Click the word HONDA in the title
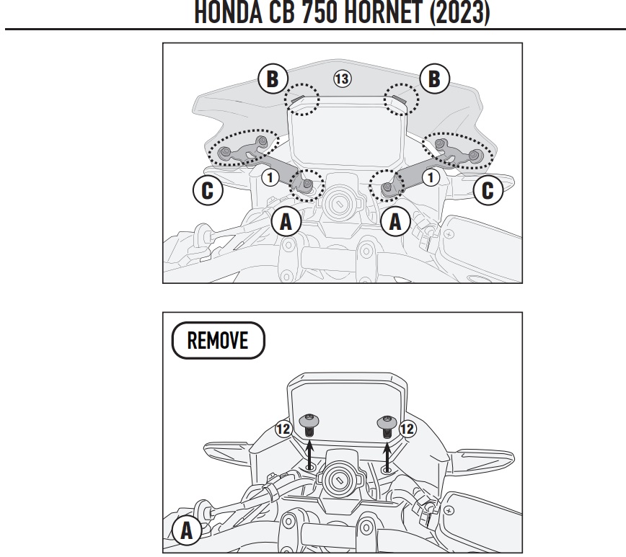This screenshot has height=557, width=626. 229,12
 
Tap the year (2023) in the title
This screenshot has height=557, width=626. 460,12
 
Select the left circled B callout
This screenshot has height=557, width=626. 273,79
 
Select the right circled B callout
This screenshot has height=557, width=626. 434,79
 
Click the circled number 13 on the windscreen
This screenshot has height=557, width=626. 342,79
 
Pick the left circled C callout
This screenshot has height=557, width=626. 208,190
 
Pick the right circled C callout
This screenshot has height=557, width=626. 488,190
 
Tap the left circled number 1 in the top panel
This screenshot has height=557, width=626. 270,177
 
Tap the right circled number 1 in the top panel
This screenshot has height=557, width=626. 431,177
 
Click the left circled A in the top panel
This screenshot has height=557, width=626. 286,221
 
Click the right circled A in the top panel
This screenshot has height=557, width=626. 396,221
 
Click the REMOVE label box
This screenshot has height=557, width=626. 219,340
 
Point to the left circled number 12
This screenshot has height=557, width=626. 283,429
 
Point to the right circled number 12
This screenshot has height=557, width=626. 407,429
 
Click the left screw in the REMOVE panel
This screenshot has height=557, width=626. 309,426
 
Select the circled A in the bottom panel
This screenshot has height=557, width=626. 187,531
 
